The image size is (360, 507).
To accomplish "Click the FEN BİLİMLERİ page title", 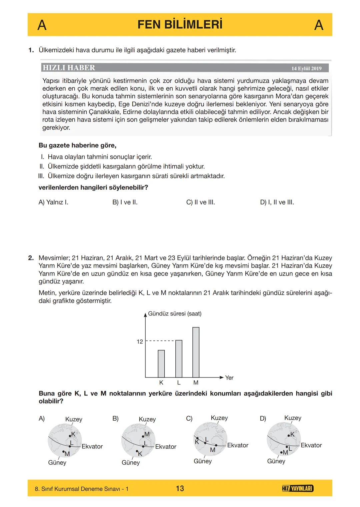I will click(x=180, y=25).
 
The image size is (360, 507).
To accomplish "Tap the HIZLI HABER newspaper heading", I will click(x=69, y=68).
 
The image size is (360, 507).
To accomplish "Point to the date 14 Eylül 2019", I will click(x=306, y=68).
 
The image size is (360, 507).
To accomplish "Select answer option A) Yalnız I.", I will click(x=53, y=202).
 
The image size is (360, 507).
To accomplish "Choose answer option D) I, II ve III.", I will click(x=277, y=202).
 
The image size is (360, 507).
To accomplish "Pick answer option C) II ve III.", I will click(x=200, y=202).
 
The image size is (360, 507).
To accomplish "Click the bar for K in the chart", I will click(x=161, y=363).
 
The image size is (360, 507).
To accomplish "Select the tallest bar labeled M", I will click(x=196, y=352).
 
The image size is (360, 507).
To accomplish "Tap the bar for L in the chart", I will click(x=179, y=358).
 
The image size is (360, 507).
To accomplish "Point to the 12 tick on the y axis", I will click(x=140, y=341).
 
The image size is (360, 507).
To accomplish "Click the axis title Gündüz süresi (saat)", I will click(x=175, y=314).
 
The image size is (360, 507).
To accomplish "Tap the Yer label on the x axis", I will click(x=229, y=378).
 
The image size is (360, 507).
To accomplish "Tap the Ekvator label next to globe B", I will click(x=166, y=447).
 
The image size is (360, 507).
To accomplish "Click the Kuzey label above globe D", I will click(x=293, y=418).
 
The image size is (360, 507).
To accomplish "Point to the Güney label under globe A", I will click(x=57, y=463).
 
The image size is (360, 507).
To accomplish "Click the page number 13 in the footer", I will click(x=180, y=489).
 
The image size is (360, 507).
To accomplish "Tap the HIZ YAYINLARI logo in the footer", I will click(x=297, y=489).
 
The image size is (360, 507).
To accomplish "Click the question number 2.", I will click(x=31, y=258).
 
